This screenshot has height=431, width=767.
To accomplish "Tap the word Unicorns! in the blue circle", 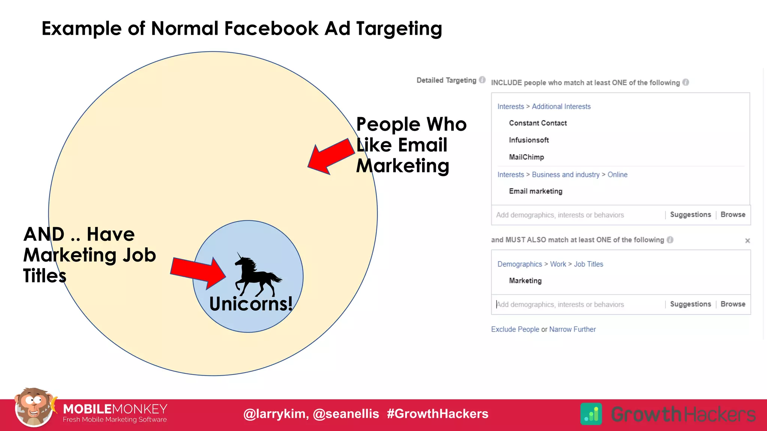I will point(251,303).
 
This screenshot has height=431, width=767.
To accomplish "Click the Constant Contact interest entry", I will point(537,123).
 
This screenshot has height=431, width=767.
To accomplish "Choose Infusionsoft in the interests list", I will point(528,140).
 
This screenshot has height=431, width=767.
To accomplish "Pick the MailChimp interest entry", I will point(526,157).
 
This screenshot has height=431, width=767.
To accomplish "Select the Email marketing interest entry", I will point(535,191).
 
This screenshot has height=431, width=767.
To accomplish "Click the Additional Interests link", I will point(561,107).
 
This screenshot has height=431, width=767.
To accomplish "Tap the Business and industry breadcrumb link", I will point(566,175).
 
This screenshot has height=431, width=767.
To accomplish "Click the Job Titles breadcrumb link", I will point(588,264).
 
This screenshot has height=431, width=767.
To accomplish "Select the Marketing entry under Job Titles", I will point(525,281).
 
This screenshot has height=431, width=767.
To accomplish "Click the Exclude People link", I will point(515,329).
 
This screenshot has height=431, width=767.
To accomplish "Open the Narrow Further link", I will point(572,329).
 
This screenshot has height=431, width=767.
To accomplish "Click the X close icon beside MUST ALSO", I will point(747,241).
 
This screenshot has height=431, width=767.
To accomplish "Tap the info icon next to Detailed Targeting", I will point(482,80).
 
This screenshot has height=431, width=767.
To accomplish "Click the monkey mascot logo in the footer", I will point(34,407).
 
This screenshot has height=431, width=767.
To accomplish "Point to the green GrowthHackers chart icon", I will point(591,414).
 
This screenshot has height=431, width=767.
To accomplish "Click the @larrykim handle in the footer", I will point(276,414).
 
